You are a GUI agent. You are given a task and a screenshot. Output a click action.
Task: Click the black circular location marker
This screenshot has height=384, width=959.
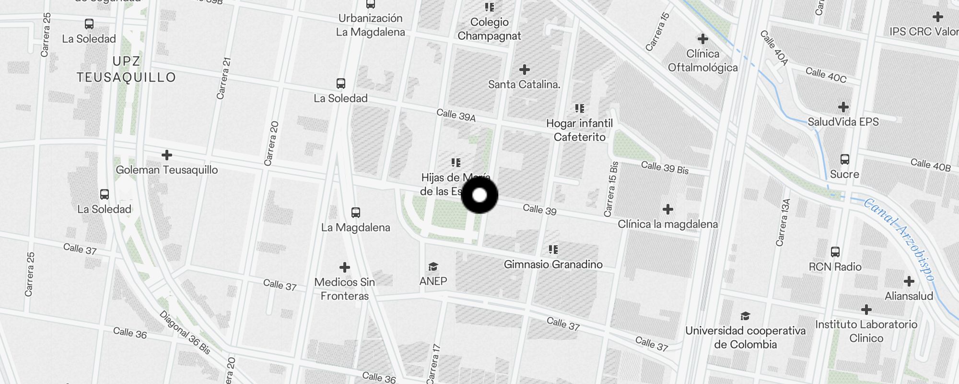[x=479, y=195]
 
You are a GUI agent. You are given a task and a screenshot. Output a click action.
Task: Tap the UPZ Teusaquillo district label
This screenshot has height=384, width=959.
[x=126, y=70]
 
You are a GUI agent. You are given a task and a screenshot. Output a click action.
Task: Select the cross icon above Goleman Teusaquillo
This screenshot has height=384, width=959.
[x=167, y=155]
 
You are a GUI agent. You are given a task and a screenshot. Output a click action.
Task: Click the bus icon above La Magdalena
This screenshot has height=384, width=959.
[x=355, y=212]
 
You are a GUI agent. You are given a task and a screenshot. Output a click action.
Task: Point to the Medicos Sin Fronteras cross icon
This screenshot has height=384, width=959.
[x=344, y=267]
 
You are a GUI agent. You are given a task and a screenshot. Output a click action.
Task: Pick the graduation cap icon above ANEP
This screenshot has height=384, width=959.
[x=433, y=266]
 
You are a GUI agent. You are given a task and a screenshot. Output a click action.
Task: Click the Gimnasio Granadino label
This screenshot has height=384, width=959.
[x=553, y=264]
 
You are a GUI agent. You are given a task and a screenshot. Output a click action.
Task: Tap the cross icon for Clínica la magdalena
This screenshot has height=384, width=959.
[x=667, y=209]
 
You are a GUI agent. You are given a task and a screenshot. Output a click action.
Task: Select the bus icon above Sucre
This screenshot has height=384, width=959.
[x=844, y=159]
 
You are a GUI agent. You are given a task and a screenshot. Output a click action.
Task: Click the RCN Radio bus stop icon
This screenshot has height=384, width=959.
[x=835, y=252]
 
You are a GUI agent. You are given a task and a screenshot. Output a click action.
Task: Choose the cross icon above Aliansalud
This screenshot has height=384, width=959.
[x=909, y=281]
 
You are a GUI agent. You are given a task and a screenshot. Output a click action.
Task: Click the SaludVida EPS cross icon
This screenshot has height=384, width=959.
[x=843, y=107]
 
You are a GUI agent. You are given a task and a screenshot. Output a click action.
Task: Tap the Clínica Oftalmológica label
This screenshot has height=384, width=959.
[x=702, y=60]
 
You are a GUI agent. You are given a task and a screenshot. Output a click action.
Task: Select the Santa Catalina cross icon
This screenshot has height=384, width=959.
[x=524, y=70]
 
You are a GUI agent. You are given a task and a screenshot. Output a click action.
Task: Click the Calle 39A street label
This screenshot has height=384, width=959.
[x=456, y=115]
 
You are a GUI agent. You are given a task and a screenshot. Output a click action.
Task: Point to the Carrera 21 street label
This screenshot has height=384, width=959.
[x=224, y=78]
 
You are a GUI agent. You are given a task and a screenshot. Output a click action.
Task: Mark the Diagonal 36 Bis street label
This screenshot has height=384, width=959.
[x=185, y=333]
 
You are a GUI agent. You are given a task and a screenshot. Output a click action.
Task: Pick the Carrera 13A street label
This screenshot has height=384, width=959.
[x=783, y=222]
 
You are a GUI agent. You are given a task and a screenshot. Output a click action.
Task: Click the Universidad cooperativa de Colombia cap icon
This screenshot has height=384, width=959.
[x=745, y=316]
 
